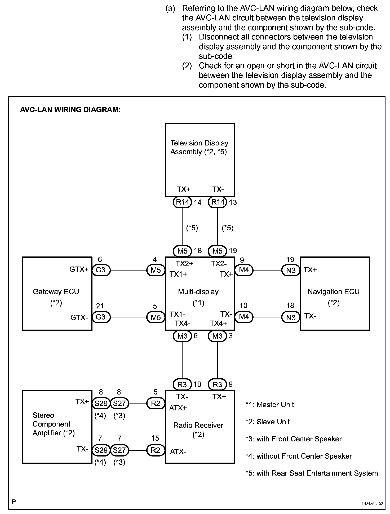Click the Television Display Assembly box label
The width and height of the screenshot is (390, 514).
[x=199, y=147]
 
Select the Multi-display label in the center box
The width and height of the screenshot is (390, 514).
[x=198, y=292]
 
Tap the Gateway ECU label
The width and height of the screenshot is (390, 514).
[x=56, y=292]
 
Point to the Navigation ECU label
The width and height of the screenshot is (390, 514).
[x=333, y=292]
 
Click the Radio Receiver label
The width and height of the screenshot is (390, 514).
[x=198, y=425]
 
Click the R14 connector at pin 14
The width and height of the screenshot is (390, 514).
[x=182, y=202]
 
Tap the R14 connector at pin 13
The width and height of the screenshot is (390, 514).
[x=218, y=202]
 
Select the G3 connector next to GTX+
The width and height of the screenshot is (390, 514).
[x=100, y=270]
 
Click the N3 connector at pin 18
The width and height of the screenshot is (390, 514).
[x=291, y=317]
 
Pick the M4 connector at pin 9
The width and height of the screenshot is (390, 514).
[x=244, y=270]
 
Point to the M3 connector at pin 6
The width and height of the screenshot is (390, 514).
[x=182, y=336]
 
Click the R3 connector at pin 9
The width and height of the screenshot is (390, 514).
[x=218, y=384]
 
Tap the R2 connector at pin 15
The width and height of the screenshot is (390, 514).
[x=156, y=450]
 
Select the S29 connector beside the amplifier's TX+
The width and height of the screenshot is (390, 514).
[x=101, y=403]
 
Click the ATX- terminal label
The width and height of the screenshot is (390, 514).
[x=178, y=451]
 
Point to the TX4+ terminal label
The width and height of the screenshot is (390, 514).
[x=219, y=323]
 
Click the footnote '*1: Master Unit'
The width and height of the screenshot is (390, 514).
[x=270, y=405]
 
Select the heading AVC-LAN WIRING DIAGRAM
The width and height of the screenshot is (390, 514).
[x=70, y=110]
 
